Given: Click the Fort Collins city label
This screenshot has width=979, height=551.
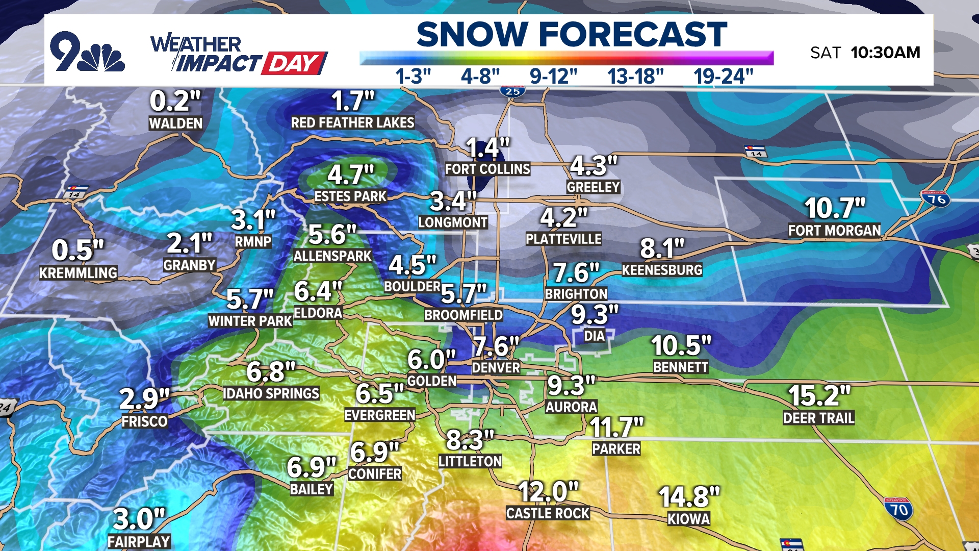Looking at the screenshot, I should click(x=487, y=169).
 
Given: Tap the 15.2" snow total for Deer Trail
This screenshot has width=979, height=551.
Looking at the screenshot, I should click(x=819, y=395).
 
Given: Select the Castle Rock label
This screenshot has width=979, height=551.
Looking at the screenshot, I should click(x=548, y=513).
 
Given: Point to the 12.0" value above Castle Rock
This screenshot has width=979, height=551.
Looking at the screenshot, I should click(x=548, y=492).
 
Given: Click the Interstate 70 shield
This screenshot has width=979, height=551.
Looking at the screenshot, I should click(x=898, y=509).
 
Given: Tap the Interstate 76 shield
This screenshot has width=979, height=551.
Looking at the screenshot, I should click(x=936, y=198).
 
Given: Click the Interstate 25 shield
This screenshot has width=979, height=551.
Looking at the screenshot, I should click(x=512, y=91).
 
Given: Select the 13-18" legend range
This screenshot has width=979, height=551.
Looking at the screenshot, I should click(x=635, y=77).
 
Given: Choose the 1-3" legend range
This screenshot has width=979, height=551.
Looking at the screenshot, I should click(x=413, y=77).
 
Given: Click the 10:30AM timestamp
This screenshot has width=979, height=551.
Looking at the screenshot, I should click(x=885, y=53).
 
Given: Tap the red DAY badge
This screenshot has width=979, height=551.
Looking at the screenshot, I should click(x=294, y=64).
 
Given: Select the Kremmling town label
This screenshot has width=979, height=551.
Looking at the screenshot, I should click(x=79, y=273).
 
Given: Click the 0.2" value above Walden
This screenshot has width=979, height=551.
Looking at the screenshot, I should click(x=175, y=101).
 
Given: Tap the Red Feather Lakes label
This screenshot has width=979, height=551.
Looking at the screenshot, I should click(x=352, y=123).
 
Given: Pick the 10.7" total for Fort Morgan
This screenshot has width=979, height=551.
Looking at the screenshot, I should click(x=835, y=208).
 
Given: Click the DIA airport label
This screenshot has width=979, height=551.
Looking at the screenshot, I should click(x=594, y=336).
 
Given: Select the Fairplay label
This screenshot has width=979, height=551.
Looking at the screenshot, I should click(x=139, y=541).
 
